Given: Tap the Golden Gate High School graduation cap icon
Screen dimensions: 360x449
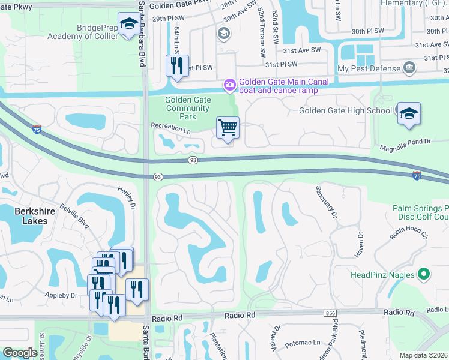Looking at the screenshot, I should tap(409, 113).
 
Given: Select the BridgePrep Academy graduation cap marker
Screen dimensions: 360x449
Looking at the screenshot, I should tap(128, 24).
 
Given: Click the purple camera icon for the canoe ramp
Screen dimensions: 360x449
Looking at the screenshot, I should tap(229, 86).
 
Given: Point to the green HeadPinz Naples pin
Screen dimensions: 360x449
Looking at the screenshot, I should tap(424, 275).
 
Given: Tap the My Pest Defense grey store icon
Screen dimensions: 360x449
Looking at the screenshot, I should tap(411, 67).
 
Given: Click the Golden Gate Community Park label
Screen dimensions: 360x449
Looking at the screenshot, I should tap(187, 109).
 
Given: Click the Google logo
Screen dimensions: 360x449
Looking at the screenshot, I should tap(20, 353).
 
